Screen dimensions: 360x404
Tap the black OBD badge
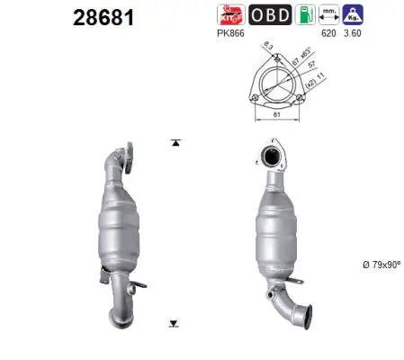tap(268, 14)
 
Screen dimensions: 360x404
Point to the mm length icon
tap(329, 14)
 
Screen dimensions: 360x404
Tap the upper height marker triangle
tap(175, 143)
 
